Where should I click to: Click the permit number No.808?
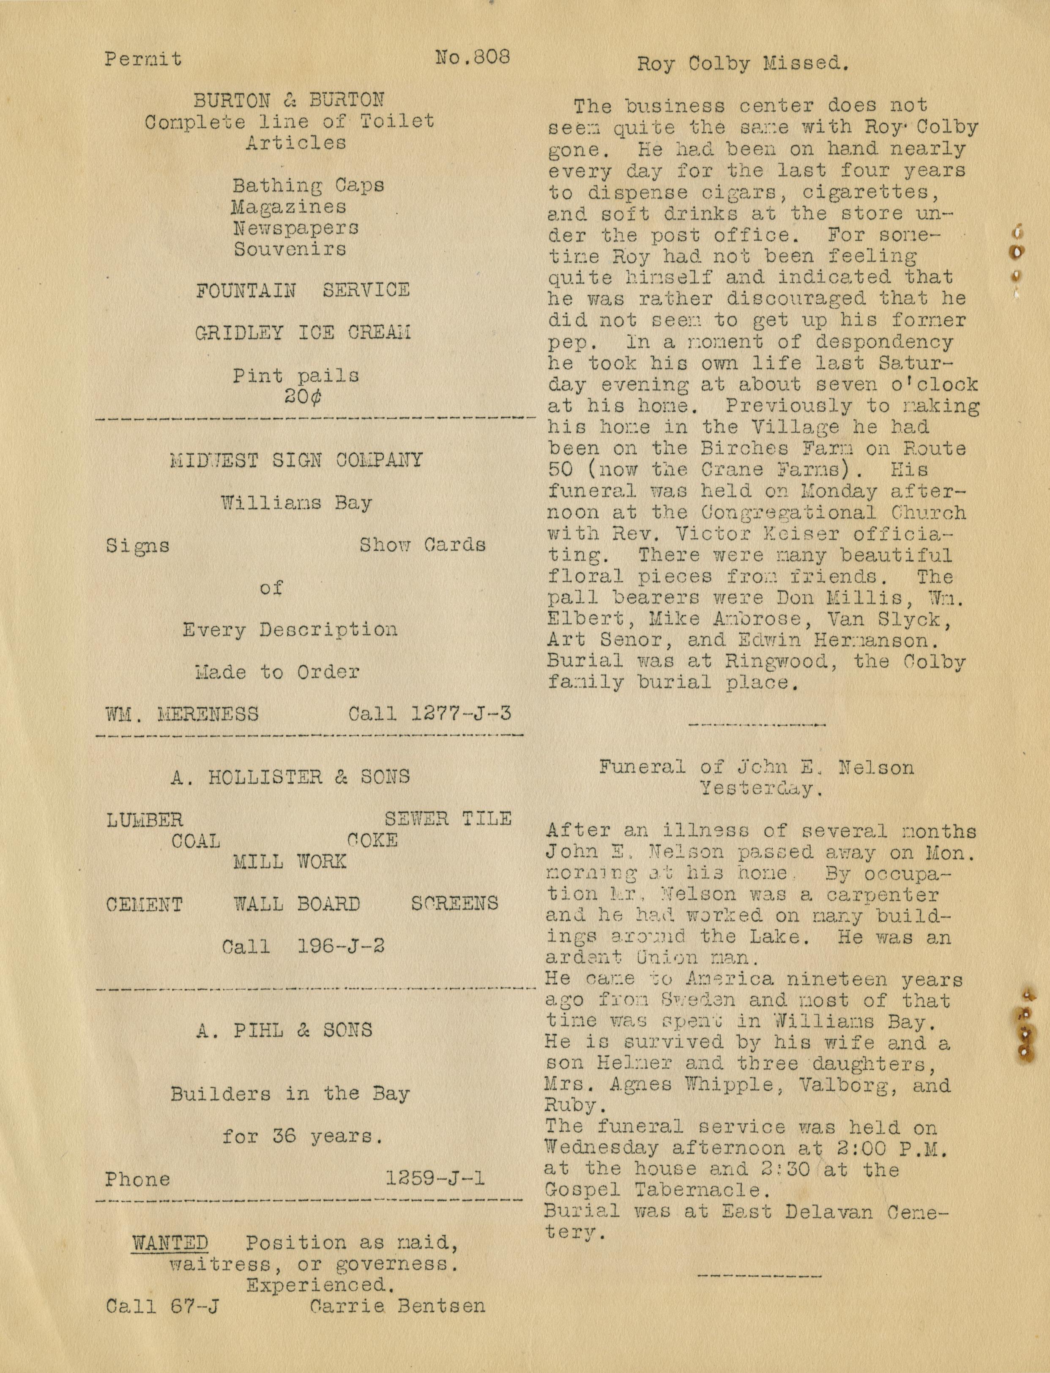tap(473, 58)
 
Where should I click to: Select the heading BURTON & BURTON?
tap(289, 100)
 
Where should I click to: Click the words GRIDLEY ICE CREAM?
tap(303, 332)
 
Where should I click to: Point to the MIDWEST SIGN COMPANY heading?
tap(296, 461)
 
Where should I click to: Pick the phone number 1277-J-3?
tap(461, 714)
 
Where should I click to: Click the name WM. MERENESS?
tap(181, 714)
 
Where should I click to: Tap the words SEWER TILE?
tap(448, 819)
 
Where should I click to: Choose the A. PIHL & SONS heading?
tap(284, 1030)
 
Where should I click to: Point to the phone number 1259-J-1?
tap(435, 1178)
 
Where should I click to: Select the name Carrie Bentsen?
tap(397, 1306)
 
